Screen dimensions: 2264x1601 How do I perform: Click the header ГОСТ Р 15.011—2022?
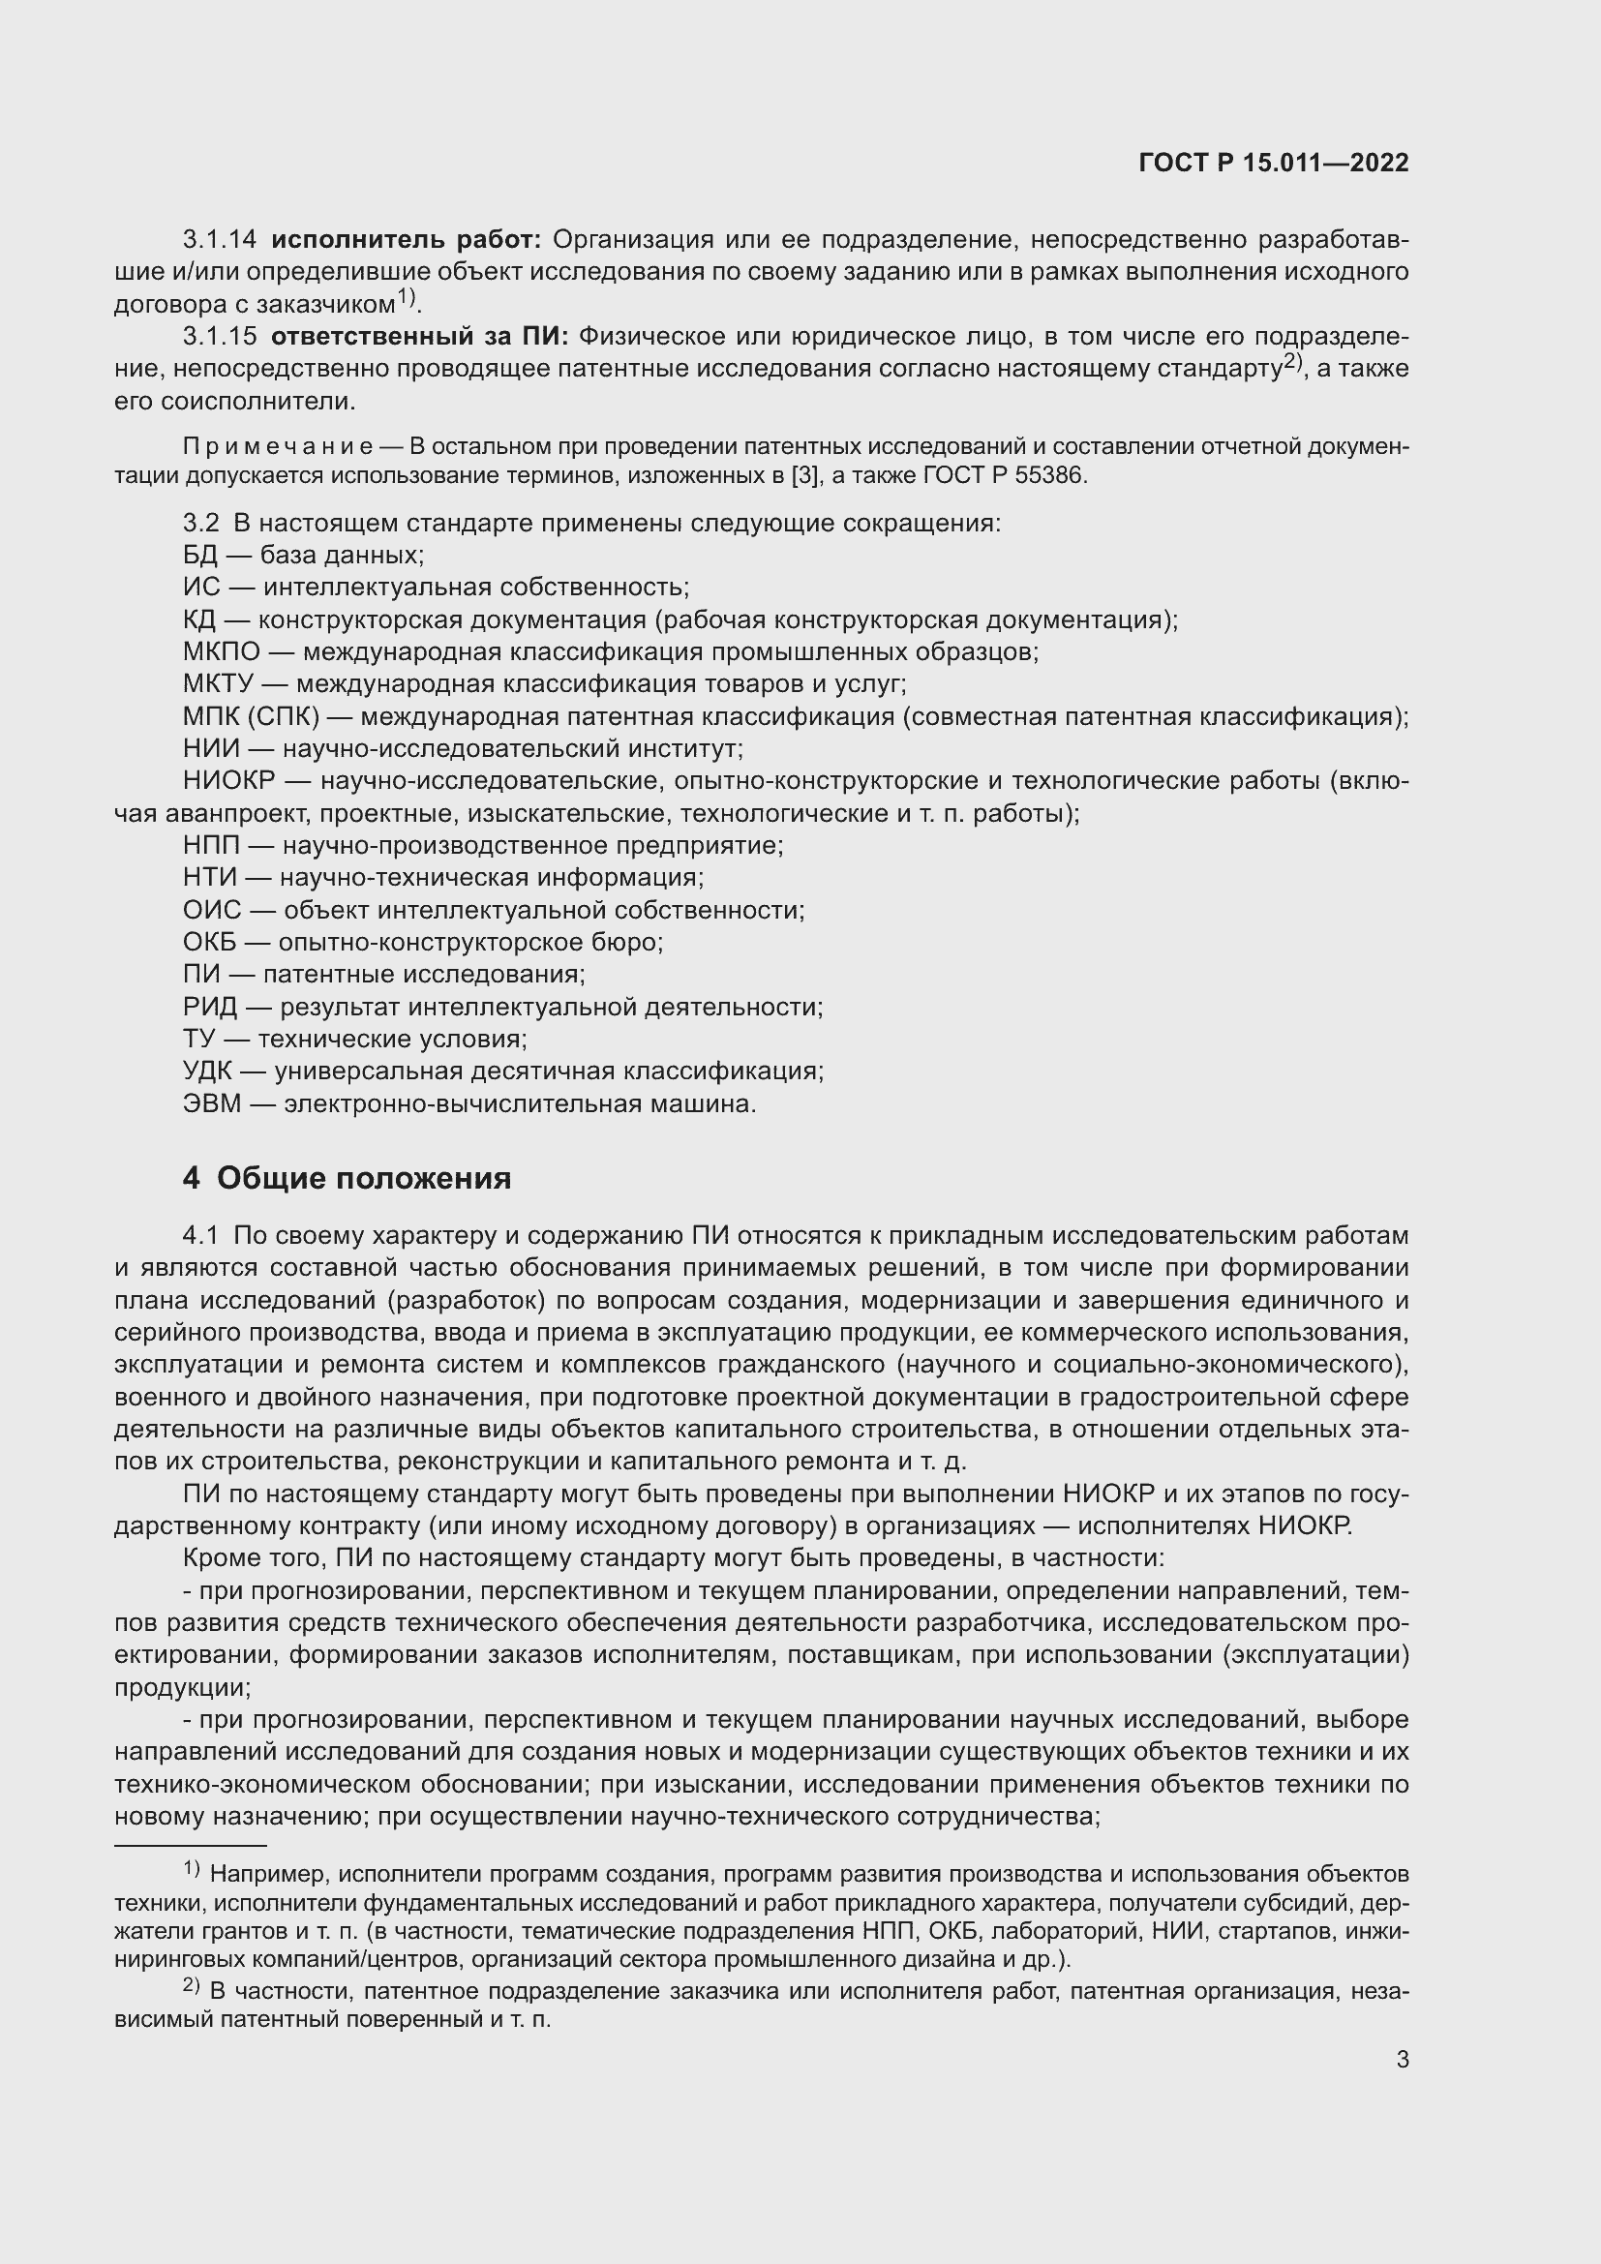point(1273,164)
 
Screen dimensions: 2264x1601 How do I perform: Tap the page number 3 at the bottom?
point(1402,2060)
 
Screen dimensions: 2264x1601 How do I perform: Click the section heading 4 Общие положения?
point(347,1178)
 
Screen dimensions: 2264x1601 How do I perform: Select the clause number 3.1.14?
point(219,240)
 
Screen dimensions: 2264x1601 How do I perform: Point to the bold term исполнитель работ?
point(406,240)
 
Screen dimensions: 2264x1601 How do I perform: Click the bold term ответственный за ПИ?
point(419,337)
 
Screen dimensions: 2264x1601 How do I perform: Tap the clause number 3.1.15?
point(219,337)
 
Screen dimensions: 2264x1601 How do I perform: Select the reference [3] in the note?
point(805,475)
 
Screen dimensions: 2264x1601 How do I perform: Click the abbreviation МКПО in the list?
point(222,651)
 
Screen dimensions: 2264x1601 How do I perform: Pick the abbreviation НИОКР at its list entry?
point(228,781)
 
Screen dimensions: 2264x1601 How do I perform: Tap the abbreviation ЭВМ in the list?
point(212,1104)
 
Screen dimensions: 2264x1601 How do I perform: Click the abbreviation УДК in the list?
point(210,1072)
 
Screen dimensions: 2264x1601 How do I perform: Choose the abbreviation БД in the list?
point(200,556)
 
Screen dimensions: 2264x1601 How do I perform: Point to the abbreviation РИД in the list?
point(210,1008)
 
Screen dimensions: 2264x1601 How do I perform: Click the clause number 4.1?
point(200,1235)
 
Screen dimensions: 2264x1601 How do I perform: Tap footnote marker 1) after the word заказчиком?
point(408,298)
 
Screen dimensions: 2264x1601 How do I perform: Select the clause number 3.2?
point(200,523)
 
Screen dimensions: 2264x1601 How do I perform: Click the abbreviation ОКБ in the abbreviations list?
point(210,943)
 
